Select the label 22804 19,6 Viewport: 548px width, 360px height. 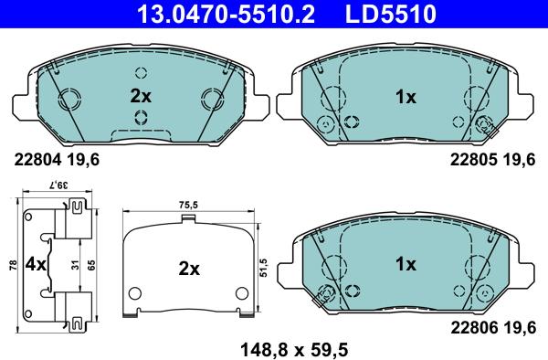pyautogui.click(x=56, y=158)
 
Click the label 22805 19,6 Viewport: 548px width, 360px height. pyautogui.click(x=492, y=158)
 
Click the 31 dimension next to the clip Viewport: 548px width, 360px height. pyautogui.click(x=72, y=266)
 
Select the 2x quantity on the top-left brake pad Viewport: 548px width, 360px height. pyautogui.click(x=141, y=95)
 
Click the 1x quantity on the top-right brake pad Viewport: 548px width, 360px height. pyautogui.click(x=406, y=95)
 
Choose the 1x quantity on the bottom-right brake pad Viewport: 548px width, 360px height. pyautogui.click(x=406, y=264)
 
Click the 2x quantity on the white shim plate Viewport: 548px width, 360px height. pyautogui.click(x=188, y=269)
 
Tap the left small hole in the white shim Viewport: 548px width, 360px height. pyautogui.click(x=135, y=294)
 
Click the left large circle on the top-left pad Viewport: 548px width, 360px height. pyautogui.click(x=71, y=99)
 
